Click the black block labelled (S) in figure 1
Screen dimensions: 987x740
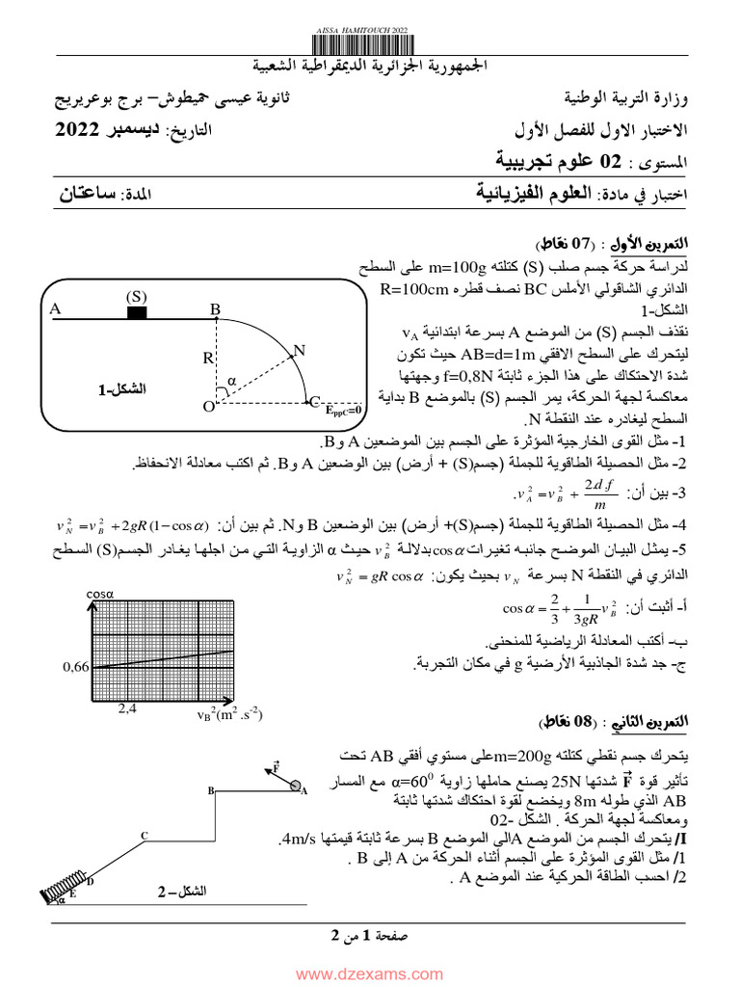136,312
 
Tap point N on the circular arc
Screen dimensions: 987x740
300,350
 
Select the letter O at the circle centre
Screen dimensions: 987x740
206,407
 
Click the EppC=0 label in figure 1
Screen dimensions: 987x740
343,410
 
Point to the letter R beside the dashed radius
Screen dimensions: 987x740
207,358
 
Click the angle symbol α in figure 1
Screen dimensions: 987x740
231,381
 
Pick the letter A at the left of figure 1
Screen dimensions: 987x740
56,308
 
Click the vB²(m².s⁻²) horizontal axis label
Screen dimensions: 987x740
228,714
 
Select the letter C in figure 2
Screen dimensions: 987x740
144,835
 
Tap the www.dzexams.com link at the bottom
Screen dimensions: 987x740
370,975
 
